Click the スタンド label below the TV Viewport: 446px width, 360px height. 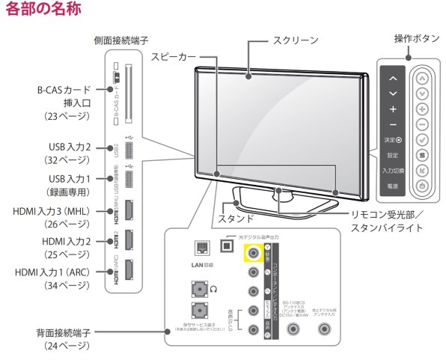point(234,220)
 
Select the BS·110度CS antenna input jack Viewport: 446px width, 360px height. point(290,329)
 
